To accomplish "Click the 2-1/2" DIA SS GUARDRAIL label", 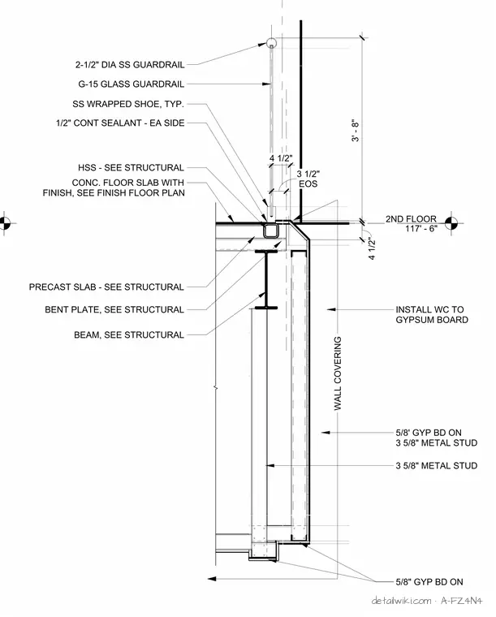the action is pos(130,65).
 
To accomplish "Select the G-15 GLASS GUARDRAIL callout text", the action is pos(131,84).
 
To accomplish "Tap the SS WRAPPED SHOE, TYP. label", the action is pos(128,104).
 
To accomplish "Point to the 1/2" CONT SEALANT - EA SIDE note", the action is pos(120,123).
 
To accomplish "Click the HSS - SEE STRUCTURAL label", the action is pos(131,168).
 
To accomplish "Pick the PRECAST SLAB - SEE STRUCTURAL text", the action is pos(106,287).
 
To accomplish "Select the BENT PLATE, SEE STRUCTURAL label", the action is pos(114,310).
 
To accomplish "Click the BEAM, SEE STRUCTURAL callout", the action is pos(129,335).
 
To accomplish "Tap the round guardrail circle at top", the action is pos(271,43).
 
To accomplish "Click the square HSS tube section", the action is pos(270,231).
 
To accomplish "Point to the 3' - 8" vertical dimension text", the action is pos(356,130).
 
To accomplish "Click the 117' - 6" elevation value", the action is pos(421,229).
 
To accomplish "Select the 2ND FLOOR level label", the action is pos(411,218).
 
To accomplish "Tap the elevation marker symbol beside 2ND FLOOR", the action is pos(451,223).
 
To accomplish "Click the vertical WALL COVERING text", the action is pos(338,373).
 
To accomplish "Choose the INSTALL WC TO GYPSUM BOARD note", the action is pos(432,315).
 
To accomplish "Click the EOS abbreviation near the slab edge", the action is pos(308,183).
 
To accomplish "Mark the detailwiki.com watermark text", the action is pos(401,601).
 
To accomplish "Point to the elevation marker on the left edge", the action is pos(4,223).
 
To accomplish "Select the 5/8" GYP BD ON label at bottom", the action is pos(429,582).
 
